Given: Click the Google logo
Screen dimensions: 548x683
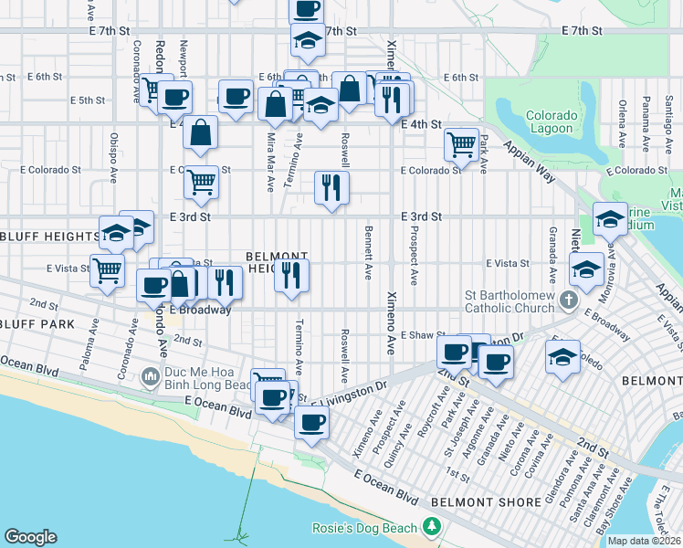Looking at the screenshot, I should click(x=30, y=537).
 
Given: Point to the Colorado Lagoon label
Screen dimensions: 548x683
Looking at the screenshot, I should click(x=551, y=122).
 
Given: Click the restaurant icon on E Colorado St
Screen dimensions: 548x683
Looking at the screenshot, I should click(x=331, y=187).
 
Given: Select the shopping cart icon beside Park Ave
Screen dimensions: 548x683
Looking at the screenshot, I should click(x=462, y=143).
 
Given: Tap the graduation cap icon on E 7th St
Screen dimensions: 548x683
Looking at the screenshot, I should click(x=309, y=39).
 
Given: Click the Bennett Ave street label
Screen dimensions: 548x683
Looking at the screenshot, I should click(x=369, y=252).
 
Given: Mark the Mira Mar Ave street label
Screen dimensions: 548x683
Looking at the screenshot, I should click(x=270, y=162).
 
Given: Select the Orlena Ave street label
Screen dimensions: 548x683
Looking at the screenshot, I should click(x=622, y=124).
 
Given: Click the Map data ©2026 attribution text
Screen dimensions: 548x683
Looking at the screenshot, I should click(x=645, y=541).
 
